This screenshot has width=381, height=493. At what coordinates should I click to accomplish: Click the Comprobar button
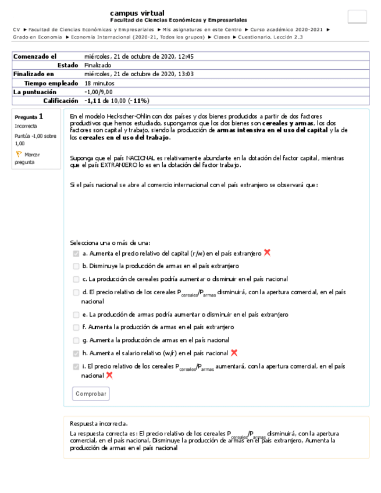(91, 394)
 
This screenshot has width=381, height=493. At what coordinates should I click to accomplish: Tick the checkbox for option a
(76, 253)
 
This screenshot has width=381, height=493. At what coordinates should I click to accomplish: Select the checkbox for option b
(76, 266)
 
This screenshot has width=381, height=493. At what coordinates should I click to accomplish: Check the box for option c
(76, 279)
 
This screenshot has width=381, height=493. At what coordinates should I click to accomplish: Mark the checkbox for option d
(76, 292)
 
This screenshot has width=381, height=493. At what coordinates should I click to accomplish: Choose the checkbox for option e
(76, 315)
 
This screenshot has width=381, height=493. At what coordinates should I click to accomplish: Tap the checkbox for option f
(76, 328)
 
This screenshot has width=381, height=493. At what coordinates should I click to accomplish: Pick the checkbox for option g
(76, 341)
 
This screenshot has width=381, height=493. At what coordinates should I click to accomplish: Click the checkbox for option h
(76, 353)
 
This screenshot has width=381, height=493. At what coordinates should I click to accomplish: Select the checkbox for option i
(76, 367)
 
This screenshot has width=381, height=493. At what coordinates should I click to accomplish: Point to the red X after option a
(267, 253)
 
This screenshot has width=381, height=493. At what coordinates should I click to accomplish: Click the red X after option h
(234, 353)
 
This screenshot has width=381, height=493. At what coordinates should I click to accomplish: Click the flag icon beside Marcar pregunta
(19, 155)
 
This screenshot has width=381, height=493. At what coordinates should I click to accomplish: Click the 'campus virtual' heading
(137, 13)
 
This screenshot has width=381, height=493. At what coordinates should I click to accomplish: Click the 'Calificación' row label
(60, 101)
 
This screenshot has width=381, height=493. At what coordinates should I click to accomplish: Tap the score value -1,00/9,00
(98, 92)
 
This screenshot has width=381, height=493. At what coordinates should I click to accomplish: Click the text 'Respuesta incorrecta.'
(99, 424)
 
